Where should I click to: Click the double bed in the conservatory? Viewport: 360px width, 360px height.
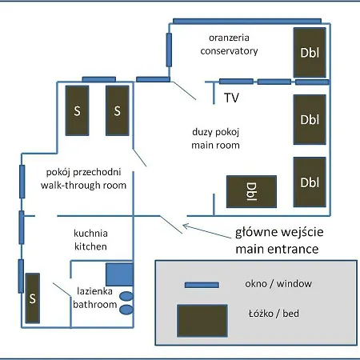point(310,53)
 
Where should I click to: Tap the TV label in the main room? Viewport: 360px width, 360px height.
point(231,98)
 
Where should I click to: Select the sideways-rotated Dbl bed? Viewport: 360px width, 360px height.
point(251,191)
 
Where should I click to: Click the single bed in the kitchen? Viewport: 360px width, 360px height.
point(33,298)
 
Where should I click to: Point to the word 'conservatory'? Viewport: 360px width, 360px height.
point(229,50)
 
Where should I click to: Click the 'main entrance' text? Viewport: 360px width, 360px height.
point(277,249)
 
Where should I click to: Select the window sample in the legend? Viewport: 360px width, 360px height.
point(202,285)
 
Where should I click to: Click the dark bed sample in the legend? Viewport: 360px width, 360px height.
point(202,321)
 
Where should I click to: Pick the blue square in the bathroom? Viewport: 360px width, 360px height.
point(119,274)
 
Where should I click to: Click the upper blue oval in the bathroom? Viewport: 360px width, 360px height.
point(126,296)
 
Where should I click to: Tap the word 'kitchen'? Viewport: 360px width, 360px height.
point(90,246)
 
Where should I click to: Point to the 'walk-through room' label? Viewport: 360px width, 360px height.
point(83,185)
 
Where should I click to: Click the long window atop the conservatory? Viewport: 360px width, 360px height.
point(247,21)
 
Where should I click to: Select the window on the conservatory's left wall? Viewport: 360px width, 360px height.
point(169,50)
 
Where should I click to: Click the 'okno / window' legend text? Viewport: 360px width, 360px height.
point(278,284)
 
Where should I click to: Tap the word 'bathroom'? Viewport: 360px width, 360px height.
point(95,304)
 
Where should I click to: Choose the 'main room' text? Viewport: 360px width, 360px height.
point(215,146)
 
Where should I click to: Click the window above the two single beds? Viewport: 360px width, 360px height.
point(99,79)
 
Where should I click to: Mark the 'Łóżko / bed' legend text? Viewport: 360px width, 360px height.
point(274,314)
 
